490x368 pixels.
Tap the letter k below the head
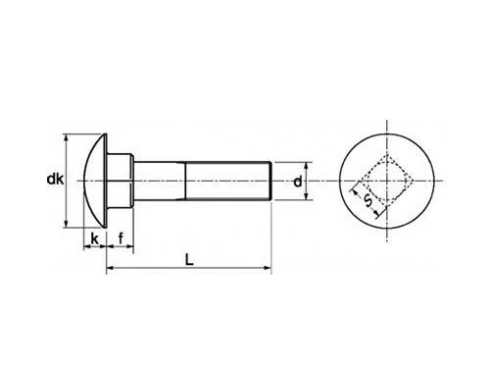tap(94, 239)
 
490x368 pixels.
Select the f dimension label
tap(120, 239)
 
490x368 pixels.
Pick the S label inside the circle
tap(367, 202)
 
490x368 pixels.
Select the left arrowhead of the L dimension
tap(110, 267)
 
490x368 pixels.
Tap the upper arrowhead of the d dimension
tap(306, 166)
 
